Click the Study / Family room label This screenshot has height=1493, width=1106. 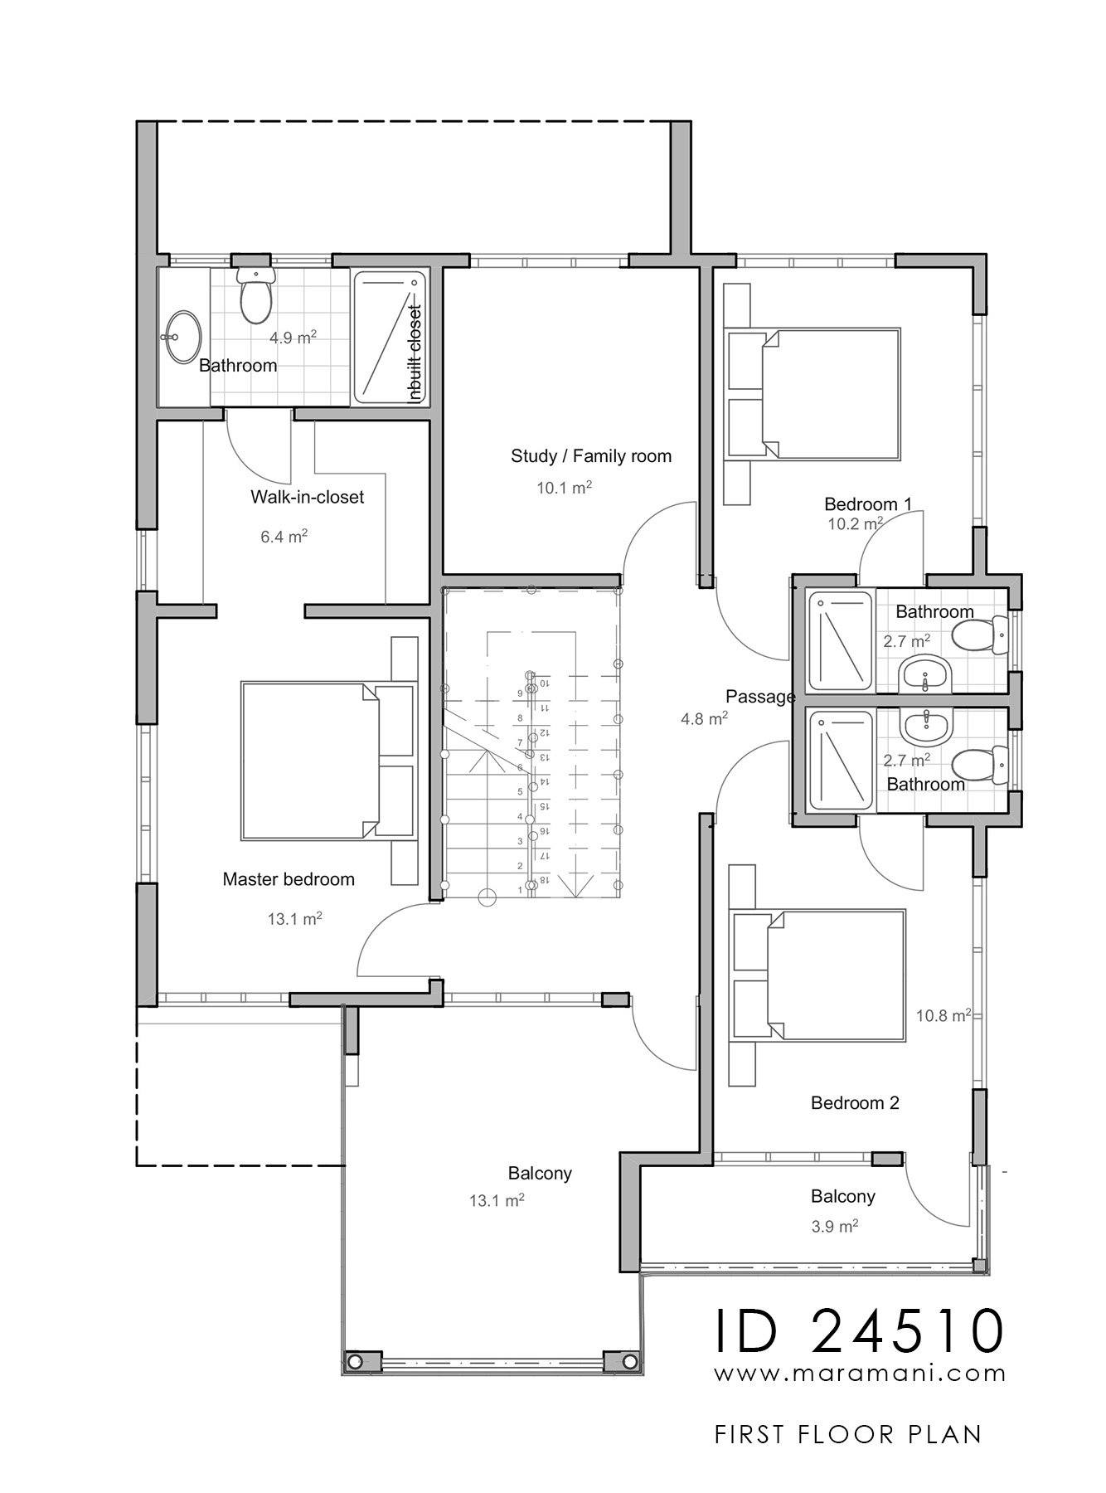[590, 455]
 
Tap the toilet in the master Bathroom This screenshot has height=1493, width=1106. [255, 299]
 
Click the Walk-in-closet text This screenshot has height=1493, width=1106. [307, 497]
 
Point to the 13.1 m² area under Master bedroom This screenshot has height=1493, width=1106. [294, 918]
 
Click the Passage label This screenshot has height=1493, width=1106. [759, 697]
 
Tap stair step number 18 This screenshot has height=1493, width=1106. [545, 880]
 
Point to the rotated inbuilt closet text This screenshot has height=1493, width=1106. [415, 353]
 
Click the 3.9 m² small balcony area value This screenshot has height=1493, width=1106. [834, 1226]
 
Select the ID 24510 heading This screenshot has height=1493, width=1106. [860, 1330]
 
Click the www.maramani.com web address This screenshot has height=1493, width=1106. [860, 1374]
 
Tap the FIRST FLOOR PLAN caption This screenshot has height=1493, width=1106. [847, 1435]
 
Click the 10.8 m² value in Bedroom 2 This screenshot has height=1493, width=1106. [943, 1015]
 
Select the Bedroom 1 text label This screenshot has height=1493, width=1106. [867, 503]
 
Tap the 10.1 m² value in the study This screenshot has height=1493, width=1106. [564, 488]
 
